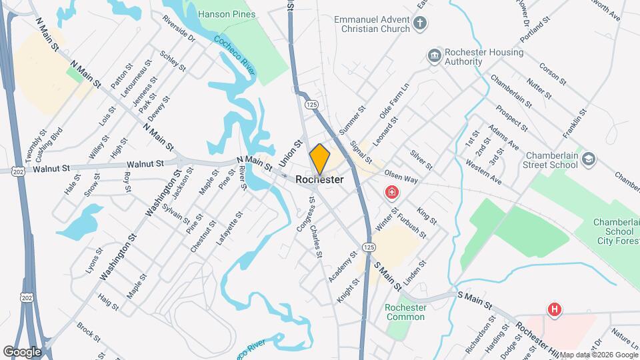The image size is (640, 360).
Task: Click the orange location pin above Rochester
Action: (x=320, y=159)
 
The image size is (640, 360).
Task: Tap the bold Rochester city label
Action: (x=320, y=180)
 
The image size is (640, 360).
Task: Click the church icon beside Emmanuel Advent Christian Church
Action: (x=419, y=25)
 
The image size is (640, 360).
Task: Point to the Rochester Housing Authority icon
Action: (x=434, y=54)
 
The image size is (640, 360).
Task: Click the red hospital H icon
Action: (x=553, y=309)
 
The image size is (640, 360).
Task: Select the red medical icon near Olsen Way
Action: (x=392, y=193)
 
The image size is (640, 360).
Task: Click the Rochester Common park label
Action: (x=405, y=312)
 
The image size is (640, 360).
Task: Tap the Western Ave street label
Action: (x=483, y=171)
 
